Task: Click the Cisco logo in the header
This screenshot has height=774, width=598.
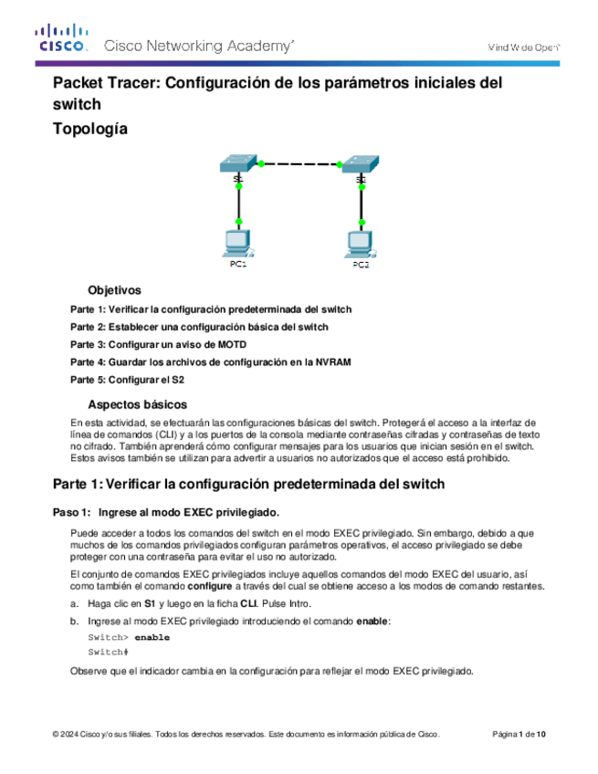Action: point(62,41)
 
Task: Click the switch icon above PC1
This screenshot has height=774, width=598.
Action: point(236,164)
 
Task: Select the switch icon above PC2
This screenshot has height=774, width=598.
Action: point(361,164)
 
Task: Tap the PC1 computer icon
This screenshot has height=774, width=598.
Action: point(237,244)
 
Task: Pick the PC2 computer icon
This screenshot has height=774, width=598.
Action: point(361,244)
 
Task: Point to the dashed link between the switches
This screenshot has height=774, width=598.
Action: point(299,164)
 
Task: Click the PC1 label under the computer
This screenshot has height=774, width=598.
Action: point(237,265)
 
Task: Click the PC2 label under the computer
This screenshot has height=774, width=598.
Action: point(361,265)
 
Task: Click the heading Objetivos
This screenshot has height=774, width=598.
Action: point(114,289)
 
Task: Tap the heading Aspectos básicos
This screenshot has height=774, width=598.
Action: point(137,403)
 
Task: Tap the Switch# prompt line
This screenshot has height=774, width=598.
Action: point(108,653)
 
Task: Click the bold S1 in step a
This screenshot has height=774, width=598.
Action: point(149,603)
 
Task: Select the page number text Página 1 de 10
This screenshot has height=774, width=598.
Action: point(519,735)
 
